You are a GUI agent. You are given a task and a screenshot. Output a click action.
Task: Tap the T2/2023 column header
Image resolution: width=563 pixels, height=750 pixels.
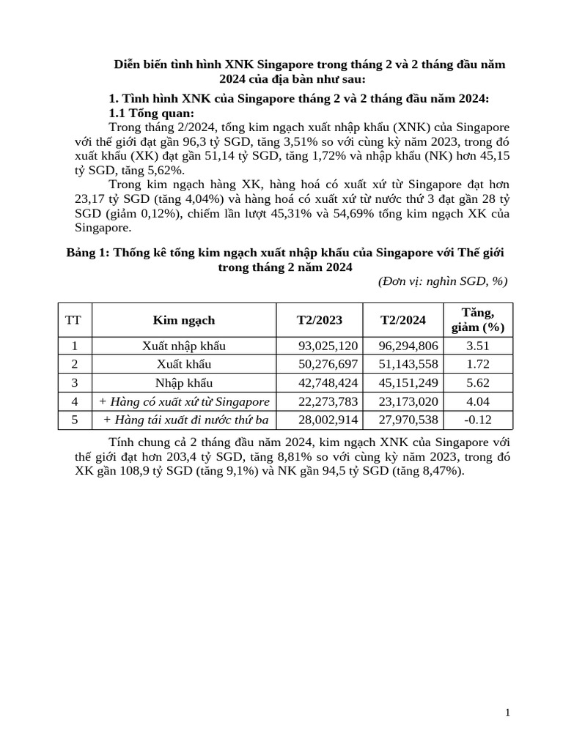click(319, 320)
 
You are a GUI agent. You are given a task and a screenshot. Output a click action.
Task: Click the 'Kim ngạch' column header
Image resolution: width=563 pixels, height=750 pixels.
click(184, 320)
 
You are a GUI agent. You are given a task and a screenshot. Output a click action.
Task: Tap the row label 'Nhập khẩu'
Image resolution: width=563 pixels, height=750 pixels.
click(184, 382)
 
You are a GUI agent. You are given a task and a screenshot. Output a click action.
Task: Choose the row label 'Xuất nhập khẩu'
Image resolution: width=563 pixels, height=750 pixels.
click(184, 346)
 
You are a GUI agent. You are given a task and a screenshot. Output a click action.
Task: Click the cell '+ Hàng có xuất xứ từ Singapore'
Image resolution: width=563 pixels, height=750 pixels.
click(184, 401)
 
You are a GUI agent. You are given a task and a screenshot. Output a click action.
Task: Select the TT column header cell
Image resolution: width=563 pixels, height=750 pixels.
click(73, 320)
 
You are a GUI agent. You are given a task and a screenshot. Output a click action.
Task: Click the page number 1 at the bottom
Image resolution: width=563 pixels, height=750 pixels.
click(507, 713)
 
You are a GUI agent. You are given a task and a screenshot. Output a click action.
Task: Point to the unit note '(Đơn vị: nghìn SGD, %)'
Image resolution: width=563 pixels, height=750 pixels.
click(442, 282)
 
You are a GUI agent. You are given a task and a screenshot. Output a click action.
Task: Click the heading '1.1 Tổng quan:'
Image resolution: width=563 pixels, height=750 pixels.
click(152, 113)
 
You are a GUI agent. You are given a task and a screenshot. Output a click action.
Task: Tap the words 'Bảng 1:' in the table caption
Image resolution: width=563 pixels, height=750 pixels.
click(88, 253)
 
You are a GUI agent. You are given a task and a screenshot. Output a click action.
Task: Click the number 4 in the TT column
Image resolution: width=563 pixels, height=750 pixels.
click(73, 401)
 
